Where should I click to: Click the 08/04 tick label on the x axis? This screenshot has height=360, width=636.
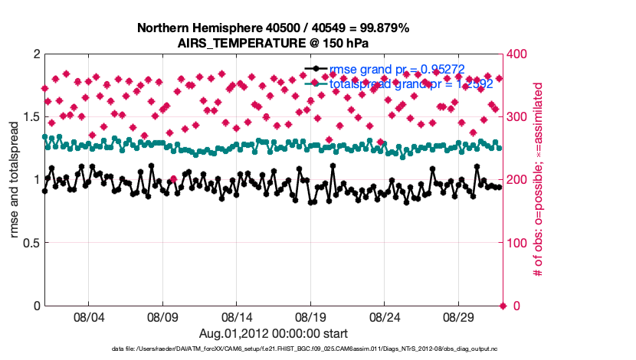[x=88, y=316]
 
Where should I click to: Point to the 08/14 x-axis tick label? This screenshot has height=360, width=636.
[x=237, y=316]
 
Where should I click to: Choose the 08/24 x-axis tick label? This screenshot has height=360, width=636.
[x=385, y=316]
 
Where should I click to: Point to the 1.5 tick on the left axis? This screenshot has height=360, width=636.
[x=29, y=116]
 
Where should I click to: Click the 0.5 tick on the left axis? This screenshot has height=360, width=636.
[x=29, y=243]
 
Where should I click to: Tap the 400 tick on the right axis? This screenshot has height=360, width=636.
[x=520, y=54]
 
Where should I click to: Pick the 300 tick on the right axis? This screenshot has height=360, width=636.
[x=520, y=116]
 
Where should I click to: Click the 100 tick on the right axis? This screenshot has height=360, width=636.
[x=520, y=243]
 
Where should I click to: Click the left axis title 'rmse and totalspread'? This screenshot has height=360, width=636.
[x=15, y=180]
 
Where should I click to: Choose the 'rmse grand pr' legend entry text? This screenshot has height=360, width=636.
[x=397, y=69]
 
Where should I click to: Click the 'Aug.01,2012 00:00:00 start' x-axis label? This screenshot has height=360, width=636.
[x=274, y=333]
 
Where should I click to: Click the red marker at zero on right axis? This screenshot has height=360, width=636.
[x=503, y=306]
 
